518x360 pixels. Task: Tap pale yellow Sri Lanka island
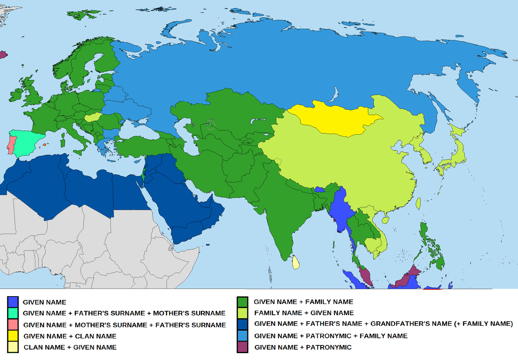point(296,262)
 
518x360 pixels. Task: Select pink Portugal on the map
point(12,145)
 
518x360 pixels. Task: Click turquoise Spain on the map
point(28,138)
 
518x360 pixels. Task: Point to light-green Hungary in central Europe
point(93,117)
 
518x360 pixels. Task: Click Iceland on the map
point(3,55)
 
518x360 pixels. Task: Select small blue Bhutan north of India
point(320,189)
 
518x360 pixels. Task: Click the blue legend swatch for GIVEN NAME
point(13,302)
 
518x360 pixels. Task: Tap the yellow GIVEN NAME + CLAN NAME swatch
point(13,336)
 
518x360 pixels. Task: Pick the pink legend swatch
point(13,325)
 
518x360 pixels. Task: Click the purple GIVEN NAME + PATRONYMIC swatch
point(243,347)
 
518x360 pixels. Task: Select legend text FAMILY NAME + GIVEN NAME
point(304,313)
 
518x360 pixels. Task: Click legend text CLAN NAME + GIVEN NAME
point(70,347)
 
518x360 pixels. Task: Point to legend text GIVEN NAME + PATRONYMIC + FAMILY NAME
point(331,335)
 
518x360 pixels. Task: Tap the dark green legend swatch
point(243,302)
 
